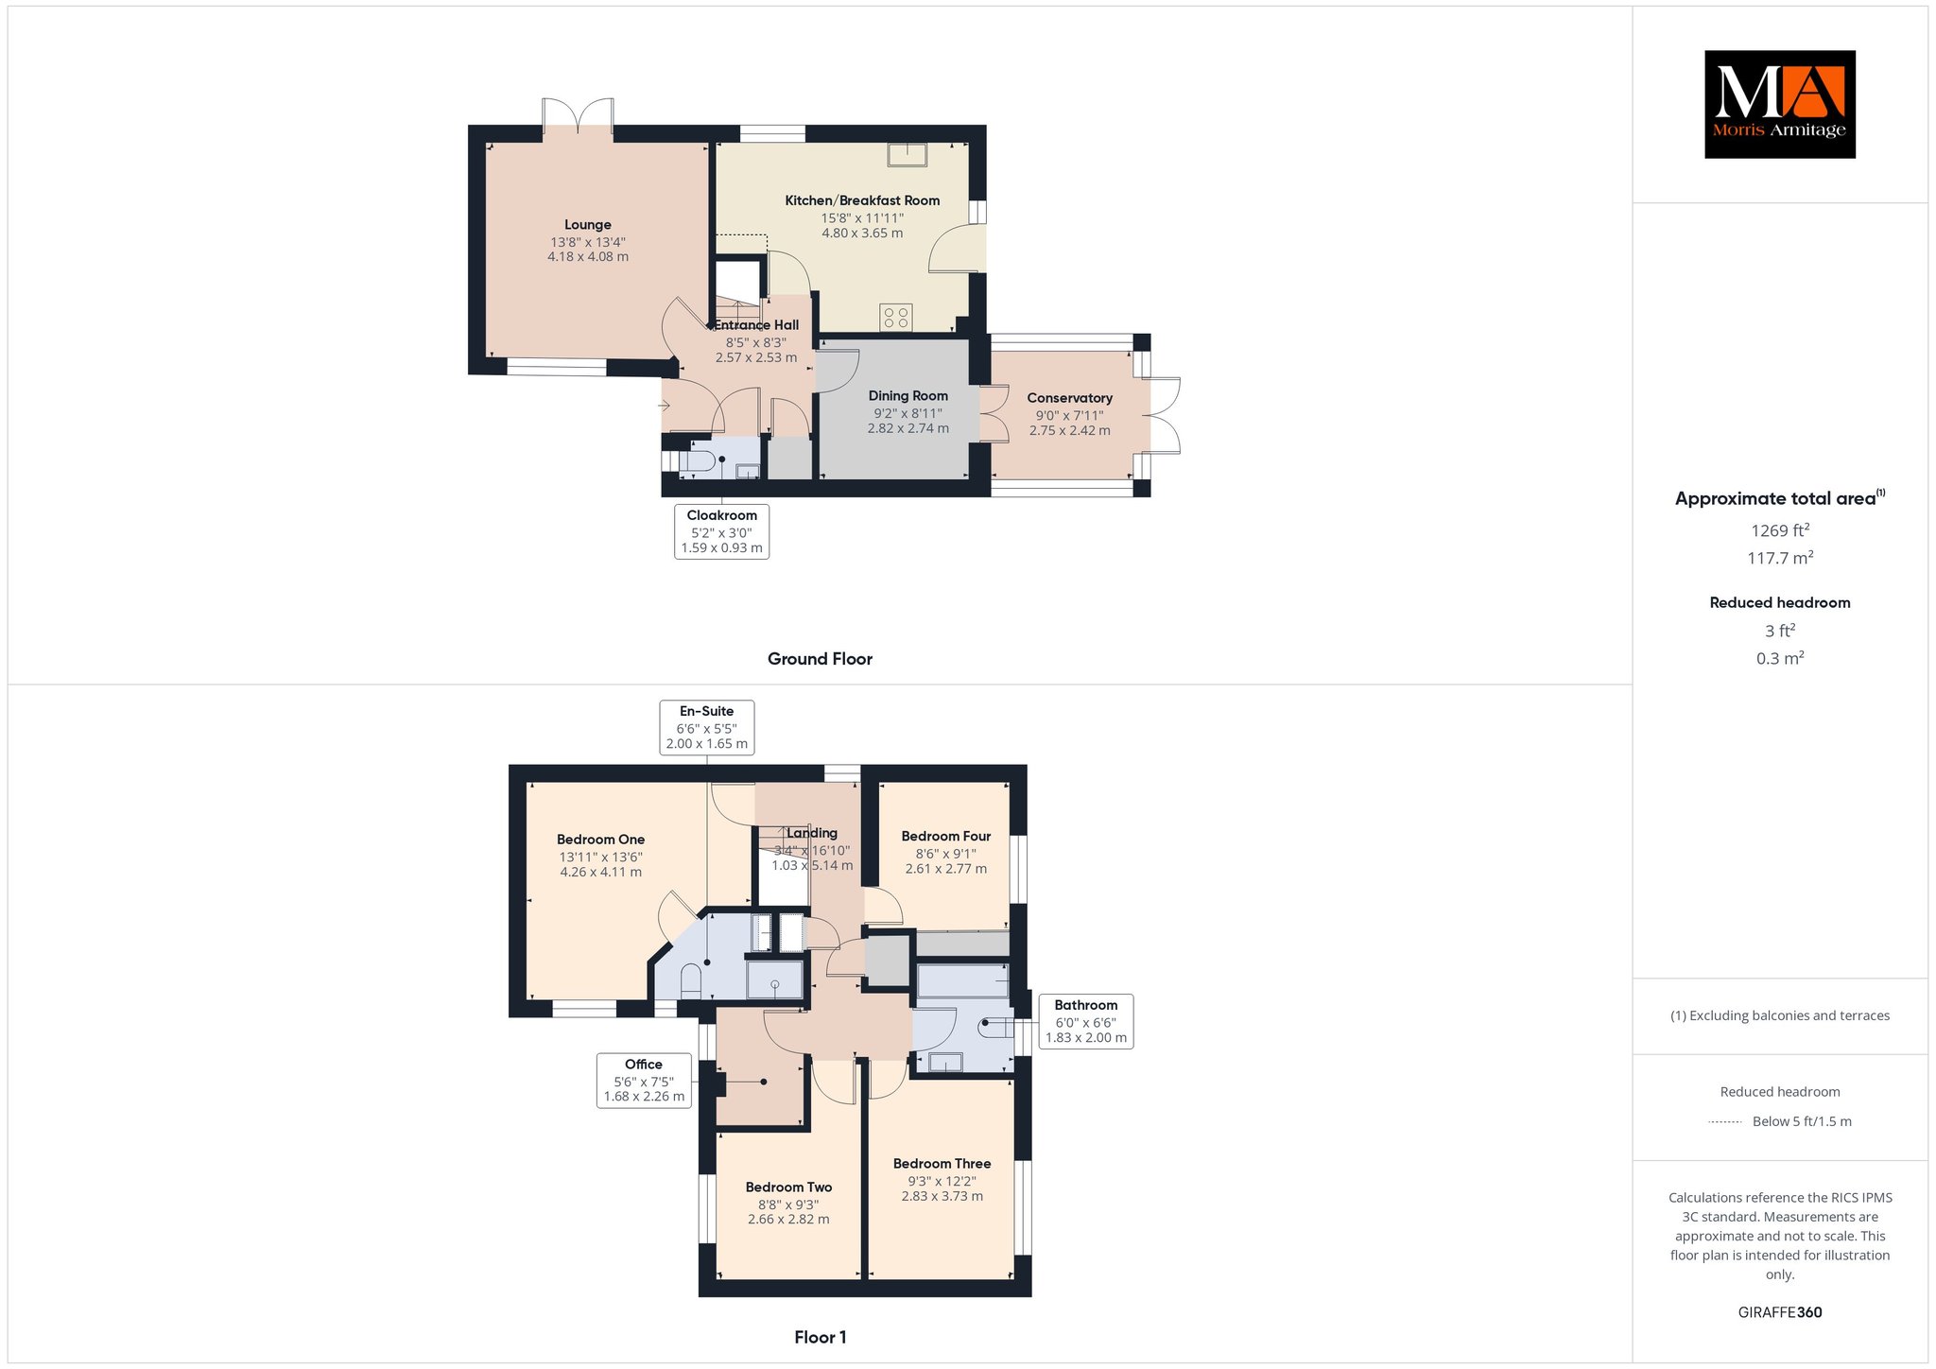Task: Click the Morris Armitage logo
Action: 1779,104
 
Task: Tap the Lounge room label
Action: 588,225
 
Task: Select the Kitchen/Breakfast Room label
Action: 862,200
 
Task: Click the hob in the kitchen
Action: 896,317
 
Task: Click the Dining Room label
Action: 908,396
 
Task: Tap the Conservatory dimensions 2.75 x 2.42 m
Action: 1070,431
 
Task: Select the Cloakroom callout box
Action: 721,531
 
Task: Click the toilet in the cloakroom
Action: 696,461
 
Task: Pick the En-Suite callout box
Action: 706,727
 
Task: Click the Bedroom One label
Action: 600,840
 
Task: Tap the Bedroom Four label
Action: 946,837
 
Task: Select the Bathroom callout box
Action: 1086,1021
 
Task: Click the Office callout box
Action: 644,1081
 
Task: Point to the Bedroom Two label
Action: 788,1187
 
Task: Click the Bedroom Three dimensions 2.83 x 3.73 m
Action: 942,1196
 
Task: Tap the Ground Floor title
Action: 820,659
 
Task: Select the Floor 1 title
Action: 821,1337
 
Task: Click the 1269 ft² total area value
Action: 1780,530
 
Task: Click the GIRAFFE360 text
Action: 1780,1312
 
